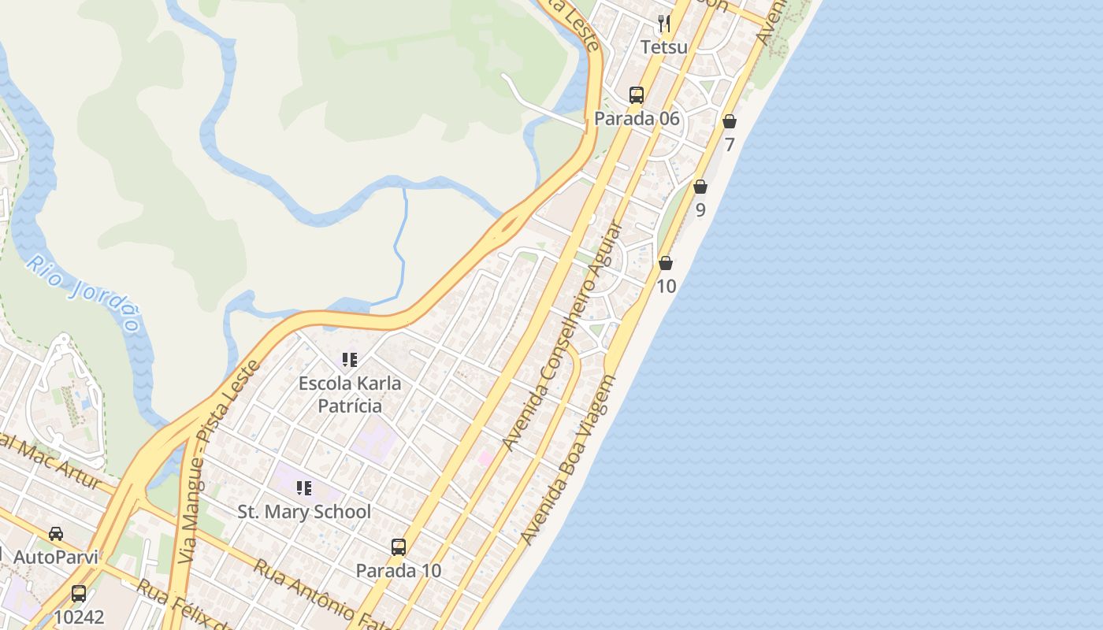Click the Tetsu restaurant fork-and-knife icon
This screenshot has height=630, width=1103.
point(664,24)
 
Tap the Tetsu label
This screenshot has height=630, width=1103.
point(664,47)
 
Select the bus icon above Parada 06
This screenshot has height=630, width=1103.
point(637,95)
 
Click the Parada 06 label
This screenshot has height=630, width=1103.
point(637,119)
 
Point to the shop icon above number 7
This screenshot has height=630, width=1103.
point(730,121)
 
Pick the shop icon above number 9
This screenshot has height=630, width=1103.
point(700,187)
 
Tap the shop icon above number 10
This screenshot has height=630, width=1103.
point(666,263)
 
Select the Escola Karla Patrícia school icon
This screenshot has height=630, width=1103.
point(350,360)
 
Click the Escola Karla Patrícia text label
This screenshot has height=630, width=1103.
point(350,395)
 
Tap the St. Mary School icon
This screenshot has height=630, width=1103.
point(303,488)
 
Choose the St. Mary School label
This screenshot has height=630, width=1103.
point(304,512)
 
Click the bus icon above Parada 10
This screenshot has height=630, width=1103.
point(399,547)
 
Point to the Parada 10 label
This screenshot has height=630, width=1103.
point(399,570)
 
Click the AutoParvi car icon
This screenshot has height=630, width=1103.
point(56,533)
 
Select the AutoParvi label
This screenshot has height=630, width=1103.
point(56,557)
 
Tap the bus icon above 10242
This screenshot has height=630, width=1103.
point(79,593)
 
